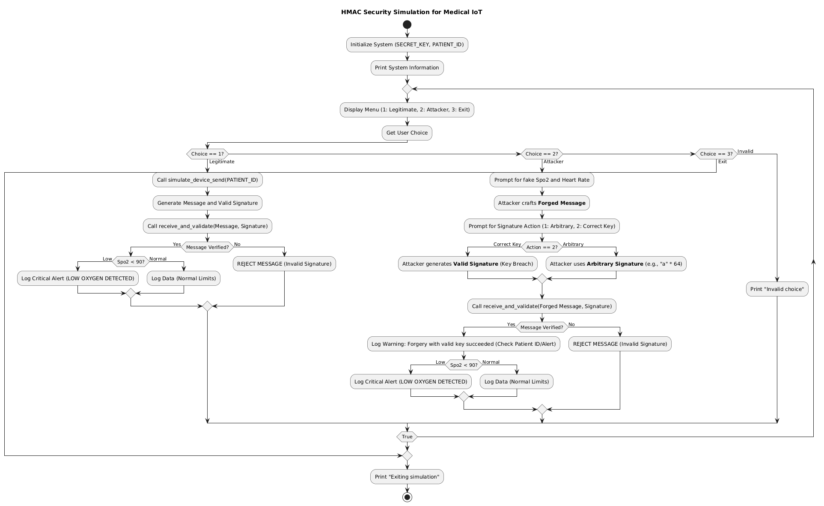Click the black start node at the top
pyautogui.click(x=407, y=24)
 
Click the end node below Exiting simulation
pyautogui.click(x=407, y=497)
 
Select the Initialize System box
pyautogui.click(x=407, y=45)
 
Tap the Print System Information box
pyautogui.click(x=407, y=68)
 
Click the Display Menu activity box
pyautogui.click(x=407, y=110)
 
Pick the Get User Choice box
pyautogui.click(x=407, y=133)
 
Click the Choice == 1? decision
pyautogui.click(x=207, y=154)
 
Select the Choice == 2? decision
pyautogui.click(x=541, y=154)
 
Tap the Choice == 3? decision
pyautogui.click(x=716, y=154)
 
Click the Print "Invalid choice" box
pyautogui.click(x=777, y=289)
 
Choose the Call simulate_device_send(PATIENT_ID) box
pyautogui.click(x=207, y=180)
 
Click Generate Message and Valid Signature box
pyautogui.click(x=207, y=203)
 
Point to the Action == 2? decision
pyautogui.click(x=541, y=247)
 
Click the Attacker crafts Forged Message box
pyautogui.click(x=541, y=203)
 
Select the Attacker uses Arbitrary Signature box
pyautogui.click(x=616, y=264)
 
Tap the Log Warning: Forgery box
pyautogui.click(x=464, y=344)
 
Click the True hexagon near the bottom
pyautogui.click(x=407, y=437)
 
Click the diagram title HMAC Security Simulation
pyautogui.click(x=411, y=12)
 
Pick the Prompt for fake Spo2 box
pyautogui.click(x=541, y=180)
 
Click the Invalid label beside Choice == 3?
pyautogui.click(x=745, y=151)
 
